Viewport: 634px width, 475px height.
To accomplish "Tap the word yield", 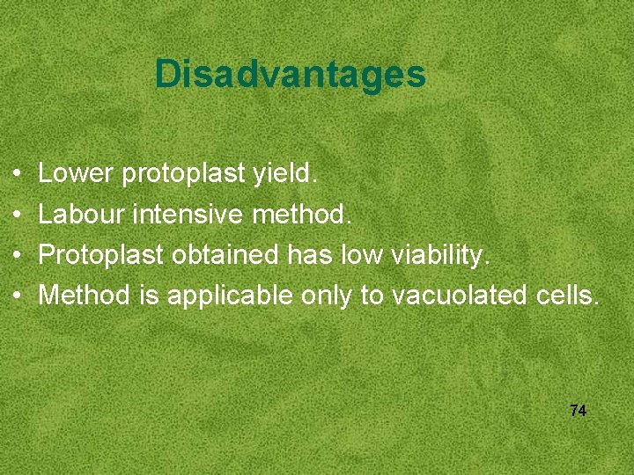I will point(284,174).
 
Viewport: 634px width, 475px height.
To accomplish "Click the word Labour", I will point(82,214).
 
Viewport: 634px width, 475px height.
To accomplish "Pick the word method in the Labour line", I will point(302,214).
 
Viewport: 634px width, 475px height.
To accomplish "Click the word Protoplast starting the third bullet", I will point(101,254).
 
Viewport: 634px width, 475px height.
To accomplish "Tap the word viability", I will point(439,254).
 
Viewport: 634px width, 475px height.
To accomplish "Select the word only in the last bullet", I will point(327,296).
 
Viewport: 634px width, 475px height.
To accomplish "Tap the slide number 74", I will point(579,411).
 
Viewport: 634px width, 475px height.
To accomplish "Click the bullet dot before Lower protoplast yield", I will point(18,175).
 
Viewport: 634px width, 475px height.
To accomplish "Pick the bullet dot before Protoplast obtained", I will point(18,256).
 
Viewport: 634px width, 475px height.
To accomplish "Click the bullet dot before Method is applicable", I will point(18,296).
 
